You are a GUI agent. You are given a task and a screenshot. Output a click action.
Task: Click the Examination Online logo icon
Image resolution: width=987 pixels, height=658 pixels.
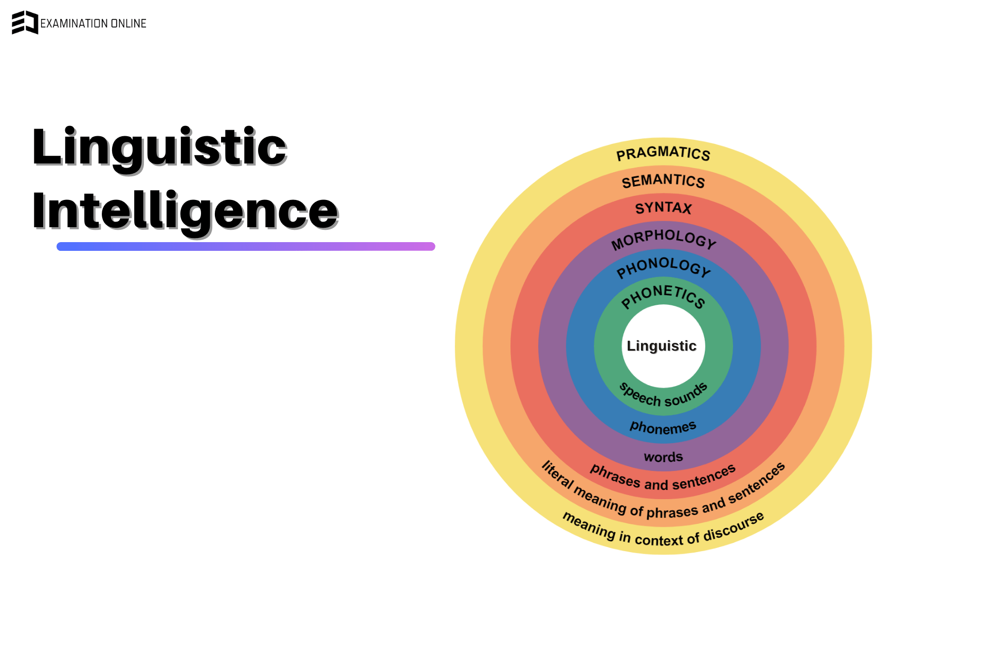(25, 23)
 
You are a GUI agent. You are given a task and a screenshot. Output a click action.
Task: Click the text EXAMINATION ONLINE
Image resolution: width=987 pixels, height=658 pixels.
(93, 24)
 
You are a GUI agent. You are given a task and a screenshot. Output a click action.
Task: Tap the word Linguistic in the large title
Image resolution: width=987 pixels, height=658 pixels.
(159, 147)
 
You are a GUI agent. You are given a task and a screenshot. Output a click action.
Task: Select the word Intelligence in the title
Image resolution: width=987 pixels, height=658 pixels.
(185, 210)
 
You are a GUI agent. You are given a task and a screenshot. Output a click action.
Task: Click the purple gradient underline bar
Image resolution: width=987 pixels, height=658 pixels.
(246, 246)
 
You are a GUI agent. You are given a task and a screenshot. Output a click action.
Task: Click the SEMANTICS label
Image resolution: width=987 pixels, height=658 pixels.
(663, 181)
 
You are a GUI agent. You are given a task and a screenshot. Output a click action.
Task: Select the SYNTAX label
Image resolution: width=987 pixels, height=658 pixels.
(663, 208)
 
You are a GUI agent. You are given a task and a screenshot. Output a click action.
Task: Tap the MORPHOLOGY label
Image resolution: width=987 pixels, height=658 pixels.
(663, 239)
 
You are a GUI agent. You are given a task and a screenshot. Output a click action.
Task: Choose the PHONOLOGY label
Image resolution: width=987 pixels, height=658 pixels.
(663, 266)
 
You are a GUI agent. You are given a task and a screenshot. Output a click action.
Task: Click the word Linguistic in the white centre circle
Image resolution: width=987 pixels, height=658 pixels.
(662, 346)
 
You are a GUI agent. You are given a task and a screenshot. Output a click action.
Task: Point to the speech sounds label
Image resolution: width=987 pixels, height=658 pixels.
(663, 396)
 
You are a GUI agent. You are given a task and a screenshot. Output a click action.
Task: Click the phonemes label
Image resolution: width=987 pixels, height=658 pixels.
(663, 427)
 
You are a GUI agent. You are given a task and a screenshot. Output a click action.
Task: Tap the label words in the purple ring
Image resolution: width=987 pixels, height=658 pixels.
(663, 457)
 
